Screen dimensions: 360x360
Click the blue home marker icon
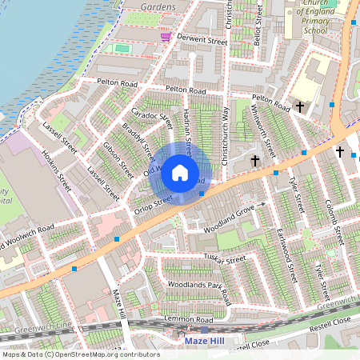[x=180, y=172]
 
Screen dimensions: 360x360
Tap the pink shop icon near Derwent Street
[x=166, y=37]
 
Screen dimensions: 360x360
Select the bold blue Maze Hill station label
[x=206, y=341]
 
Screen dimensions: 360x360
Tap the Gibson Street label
[x=118, y=161]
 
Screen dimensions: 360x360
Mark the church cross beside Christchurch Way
[x=255, y=161]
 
